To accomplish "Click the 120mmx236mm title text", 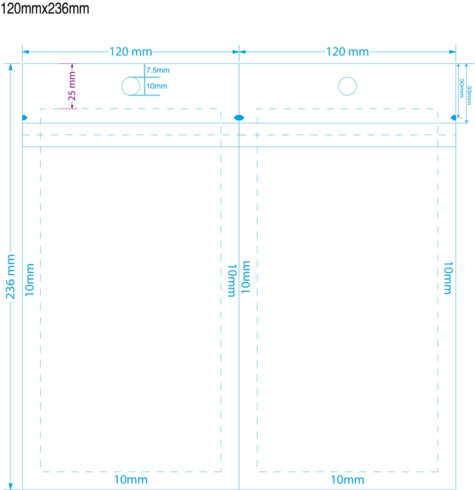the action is click(45, 9).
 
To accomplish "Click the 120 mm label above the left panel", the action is click(131, 52).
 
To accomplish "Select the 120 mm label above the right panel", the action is click(347, 52).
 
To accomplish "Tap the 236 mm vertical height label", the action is click(11, 276).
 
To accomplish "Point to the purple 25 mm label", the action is click(72, 86).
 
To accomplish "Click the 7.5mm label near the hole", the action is click(158, 70).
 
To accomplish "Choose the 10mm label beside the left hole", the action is click(157, 86).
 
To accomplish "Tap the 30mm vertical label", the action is click(462, 88).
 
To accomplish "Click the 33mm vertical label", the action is click(469, 95).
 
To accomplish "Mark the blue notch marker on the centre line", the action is click(239, 118).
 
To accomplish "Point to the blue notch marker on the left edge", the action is click(25, 118).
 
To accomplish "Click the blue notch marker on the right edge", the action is click(453, 118).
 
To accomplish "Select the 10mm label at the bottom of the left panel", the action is click(131, 479).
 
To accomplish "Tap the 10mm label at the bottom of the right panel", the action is click(347, 479).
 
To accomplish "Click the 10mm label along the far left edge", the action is click(30, 280).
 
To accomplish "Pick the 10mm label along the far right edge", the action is click(448, 278).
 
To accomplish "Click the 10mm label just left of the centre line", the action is click(232, 280).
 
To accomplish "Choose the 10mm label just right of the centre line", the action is click(245, 277).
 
